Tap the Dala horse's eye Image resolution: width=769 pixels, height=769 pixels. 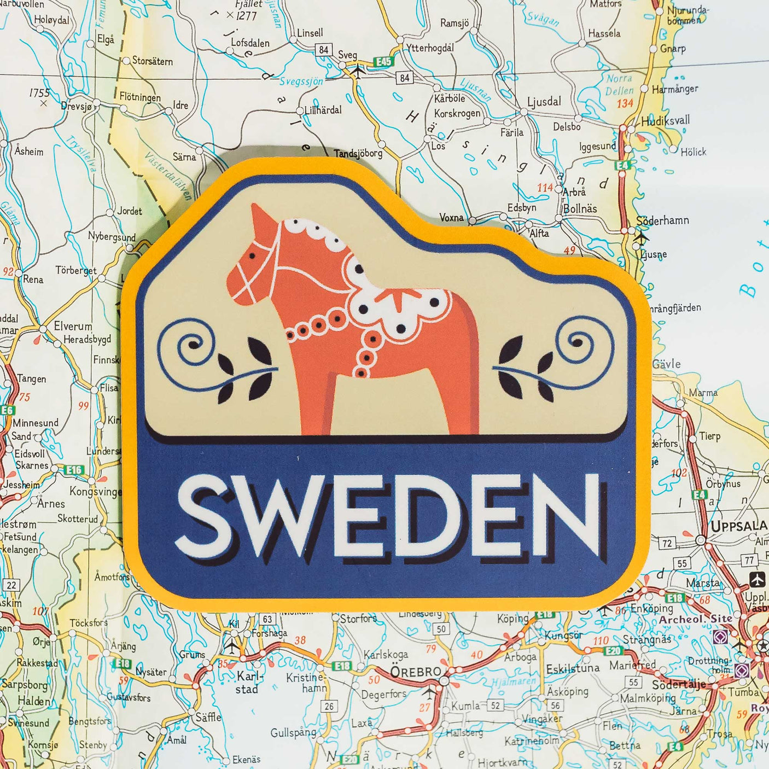pyautogui.click(x=252, y=255)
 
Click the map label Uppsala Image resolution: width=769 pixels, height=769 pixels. pyautogui.click(x=738, y=526)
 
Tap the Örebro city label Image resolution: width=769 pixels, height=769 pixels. pyautogui.click(x=416, y=671)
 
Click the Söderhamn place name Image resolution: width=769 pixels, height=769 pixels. pyautogui.click(x=662, y=220)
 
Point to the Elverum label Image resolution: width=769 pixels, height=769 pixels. pyautogui.click(x=73, y=326)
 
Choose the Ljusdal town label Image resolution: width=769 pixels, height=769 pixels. pyautogui.click(x=544, y=102)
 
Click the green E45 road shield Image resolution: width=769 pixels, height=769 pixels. pyautogui.click(x=383, y=62)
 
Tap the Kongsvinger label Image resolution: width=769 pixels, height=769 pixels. pyautogui.click(x=95, y=491)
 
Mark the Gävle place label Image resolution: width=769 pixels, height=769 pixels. pyautogui.click(x=667, y=364)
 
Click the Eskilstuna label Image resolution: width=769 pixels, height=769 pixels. pyautogui.click(x=573, y=669)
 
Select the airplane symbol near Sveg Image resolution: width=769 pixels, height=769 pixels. pyautogui.click(x=358, y=71)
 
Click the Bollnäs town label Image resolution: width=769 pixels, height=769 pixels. pyautogui.click(x=580, y=208)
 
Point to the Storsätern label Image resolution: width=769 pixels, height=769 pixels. pyautogui.click(x=152, y=61)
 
